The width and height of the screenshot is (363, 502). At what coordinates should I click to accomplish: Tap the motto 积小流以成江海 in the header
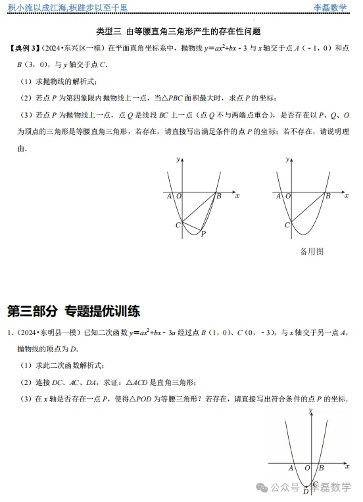34,7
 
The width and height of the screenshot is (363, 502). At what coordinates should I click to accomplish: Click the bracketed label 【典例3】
28,49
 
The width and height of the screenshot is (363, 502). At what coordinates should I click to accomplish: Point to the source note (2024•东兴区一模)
76,49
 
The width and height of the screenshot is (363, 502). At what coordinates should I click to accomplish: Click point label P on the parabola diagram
203,233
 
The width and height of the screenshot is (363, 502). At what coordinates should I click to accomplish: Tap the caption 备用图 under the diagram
312,251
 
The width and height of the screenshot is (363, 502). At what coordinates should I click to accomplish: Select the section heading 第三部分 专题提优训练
74,311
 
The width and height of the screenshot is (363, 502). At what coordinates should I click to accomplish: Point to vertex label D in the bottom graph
304,491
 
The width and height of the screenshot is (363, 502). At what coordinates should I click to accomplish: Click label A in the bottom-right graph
291,468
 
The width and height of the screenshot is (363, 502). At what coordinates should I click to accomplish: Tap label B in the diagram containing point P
218,196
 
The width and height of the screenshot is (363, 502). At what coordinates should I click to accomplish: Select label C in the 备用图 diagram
287,225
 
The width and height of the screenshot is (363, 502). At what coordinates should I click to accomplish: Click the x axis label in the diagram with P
237,196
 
